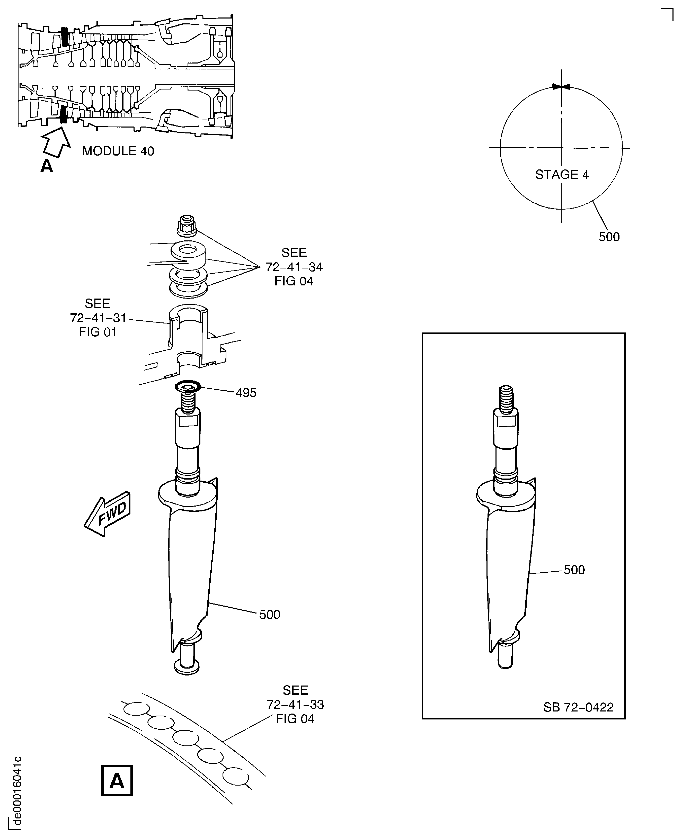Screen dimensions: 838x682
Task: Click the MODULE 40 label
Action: pos(118,151)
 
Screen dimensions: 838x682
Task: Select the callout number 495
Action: pos(246,393)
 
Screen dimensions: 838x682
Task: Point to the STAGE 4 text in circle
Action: pos(562,174)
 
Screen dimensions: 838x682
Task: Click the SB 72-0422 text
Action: pos(578,707)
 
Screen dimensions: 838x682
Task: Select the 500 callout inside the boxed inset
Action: pos(574,570)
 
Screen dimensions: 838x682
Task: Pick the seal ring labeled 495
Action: pos(188,387)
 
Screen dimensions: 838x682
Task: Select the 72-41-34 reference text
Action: pos(294,267)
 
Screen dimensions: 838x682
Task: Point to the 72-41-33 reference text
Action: pos(295,705)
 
